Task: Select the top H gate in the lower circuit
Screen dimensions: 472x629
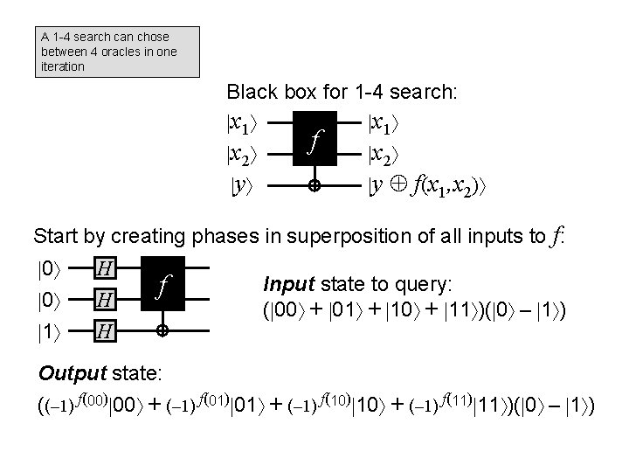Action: click(x=103, y=267)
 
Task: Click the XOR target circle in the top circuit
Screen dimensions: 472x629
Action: click(x=314, y=186)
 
